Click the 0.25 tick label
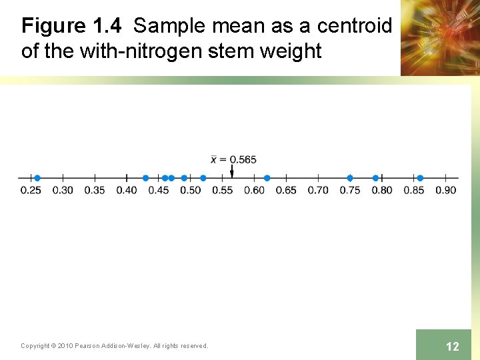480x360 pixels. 30,190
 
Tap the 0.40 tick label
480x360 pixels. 126,190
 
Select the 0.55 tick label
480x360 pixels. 222,190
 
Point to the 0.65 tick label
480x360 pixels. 286,190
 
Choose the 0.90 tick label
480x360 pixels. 445,190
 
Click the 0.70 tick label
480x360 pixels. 318,190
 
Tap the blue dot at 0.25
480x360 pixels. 37,178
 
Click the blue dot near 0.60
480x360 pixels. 267,178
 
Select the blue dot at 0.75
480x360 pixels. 350,178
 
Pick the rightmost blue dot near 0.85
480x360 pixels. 420,178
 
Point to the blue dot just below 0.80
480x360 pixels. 375,178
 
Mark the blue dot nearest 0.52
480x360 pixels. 203,178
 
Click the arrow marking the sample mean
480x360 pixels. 231,172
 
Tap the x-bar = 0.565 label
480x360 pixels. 233,159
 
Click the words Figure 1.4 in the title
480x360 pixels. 71,26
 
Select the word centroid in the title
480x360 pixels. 354,26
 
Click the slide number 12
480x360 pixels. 452,346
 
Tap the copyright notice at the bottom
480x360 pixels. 114,345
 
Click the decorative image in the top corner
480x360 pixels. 439,37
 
